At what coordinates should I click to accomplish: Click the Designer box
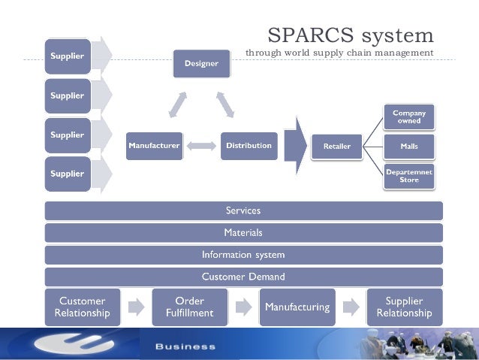201,64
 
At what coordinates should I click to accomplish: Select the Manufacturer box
154,146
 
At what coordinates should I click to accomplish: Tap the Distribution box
249,146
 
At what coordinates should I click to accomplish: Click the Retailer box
336,147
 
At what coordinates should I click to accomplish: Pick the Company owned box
409,116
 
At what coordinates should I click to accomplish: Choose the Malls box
409,146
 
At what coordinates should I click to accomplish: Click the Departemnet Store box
409,176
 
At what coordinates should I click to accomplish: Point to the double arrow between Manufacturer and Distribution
201,146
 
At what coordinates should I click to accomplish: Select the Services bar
243,210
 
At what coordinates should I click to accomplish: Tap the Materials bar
243,233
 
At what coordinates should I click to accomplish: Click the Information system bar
243,255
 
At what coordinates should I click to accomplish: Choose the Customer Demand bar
243,277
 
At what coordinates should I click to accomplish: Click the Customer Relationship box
82,307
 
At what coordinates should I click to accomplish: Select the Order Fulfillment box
188,307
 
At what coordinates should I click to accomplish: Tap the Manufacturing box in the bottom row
297,307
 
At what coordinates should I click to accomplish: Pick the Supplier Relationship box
404,307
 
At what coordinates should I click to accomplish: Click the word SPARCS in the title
306,35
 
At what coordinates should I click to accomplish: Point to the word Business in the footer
185,346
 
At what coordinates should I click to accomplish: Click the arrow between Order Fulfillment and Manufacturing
243,307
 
